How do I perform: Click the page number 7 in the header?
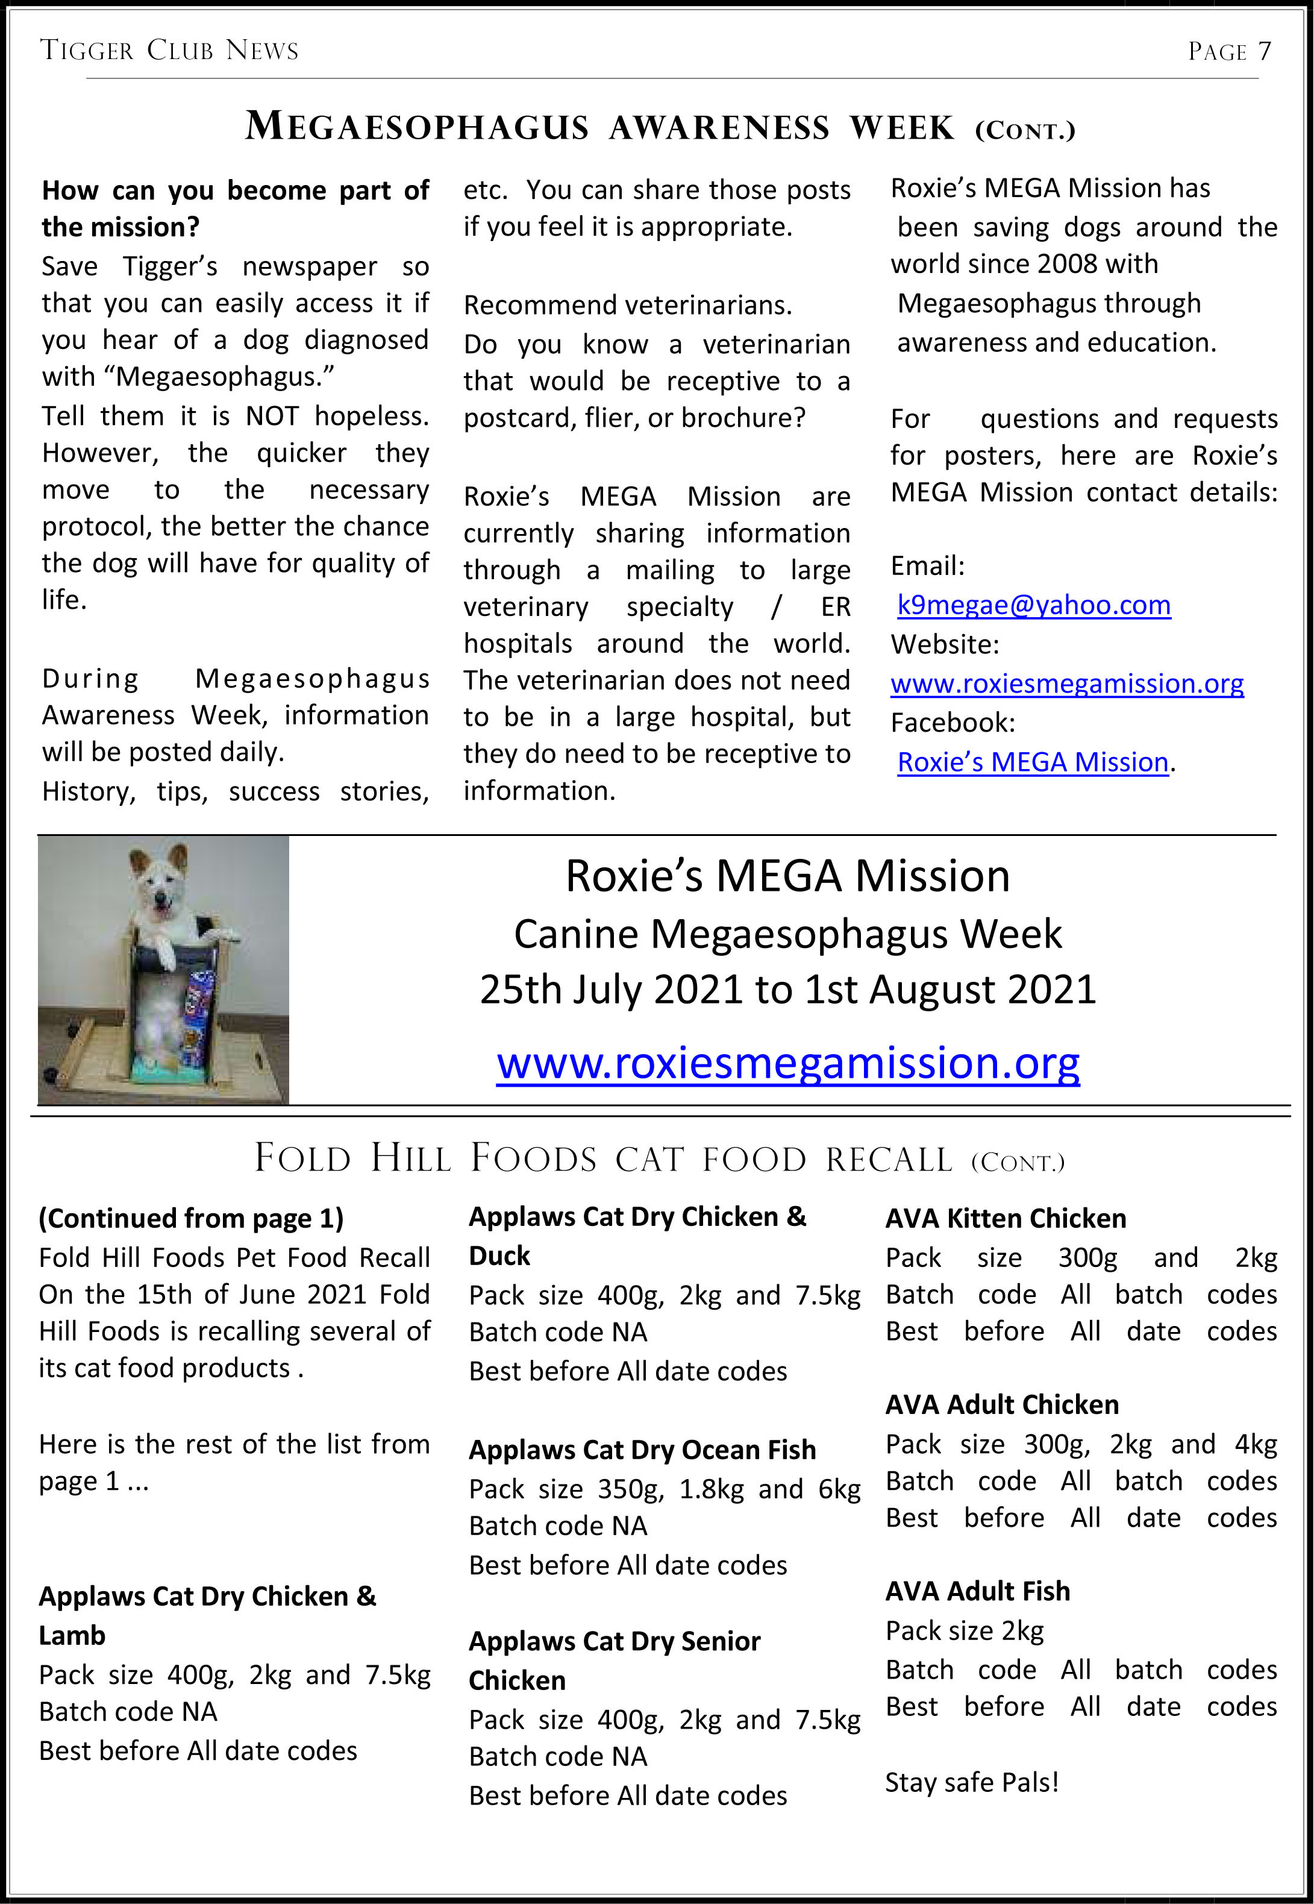click(x=1264, y=51)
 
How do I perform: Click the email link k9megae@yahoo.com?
click(x=1033, y=605)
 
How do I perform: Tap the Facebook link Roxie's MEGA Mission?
click(x=1033, y=762)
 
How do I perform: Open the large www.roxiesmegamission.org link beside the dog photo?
click(x=788, y=1063)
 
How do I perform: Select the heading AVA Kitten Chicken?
click(x=1006, y=1219)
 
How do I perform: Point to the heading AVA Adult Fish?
click(x=977, y=1591)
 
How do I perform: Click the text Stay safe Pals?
click(x=972, y=1782)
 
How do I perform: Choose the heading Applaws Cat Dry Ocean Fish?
click(x=642, y=1450)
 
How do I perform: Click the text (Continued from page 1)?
click(x=191, y=1219)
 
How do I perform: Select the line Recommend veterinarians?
click(x=627, y=306)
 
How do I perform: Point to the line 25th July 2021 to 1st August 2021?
click(x=788, y=990)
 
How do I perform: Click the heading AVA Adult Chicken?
click(x=1002, y=1405)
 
